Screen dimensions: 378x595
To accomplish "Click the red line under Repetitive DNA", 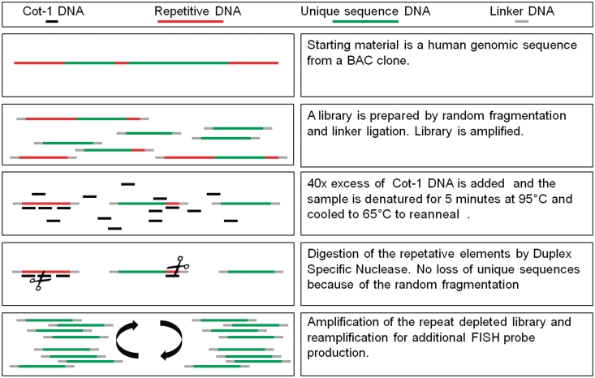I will (x=190, y=22).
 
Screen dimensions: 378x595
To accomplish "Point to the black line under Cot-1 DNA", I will (x=52, y=22).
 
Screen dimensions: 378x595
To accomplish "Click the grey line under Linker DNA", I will (x=522, y=22).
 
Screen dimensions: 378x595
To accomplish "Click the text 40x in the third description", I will (x=318, y=183).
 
